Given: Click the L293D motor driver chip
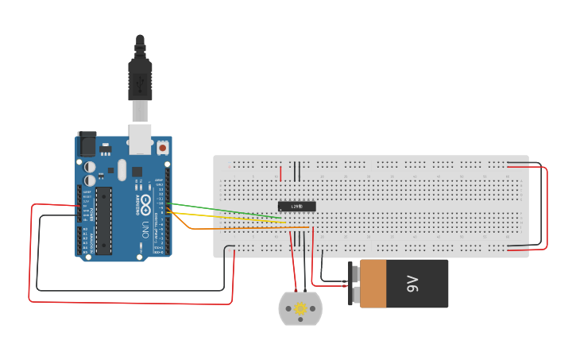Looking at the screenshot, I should [297, 207].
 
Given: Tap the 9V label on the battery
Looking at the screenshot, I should [412, 284].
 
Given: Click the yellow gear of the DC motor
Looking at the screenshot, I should [300, 308].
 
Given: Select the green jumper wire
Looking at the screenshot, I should [230, 211].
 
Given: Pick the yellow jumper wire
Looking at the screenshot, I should [230, 217].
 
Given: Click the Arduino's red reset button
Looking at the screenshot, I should [162, 148].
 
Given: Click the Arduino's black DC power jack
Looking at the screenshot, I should [85, 144].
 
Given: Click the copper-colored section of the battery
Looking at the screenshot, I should [373, 284].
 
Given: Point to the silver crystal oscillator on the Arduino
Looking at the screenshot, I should [122, 168].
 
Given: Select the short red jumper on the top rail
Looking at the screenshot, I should [279, 172].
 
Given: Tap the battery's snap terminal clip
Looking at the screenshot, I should [354, 284].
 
